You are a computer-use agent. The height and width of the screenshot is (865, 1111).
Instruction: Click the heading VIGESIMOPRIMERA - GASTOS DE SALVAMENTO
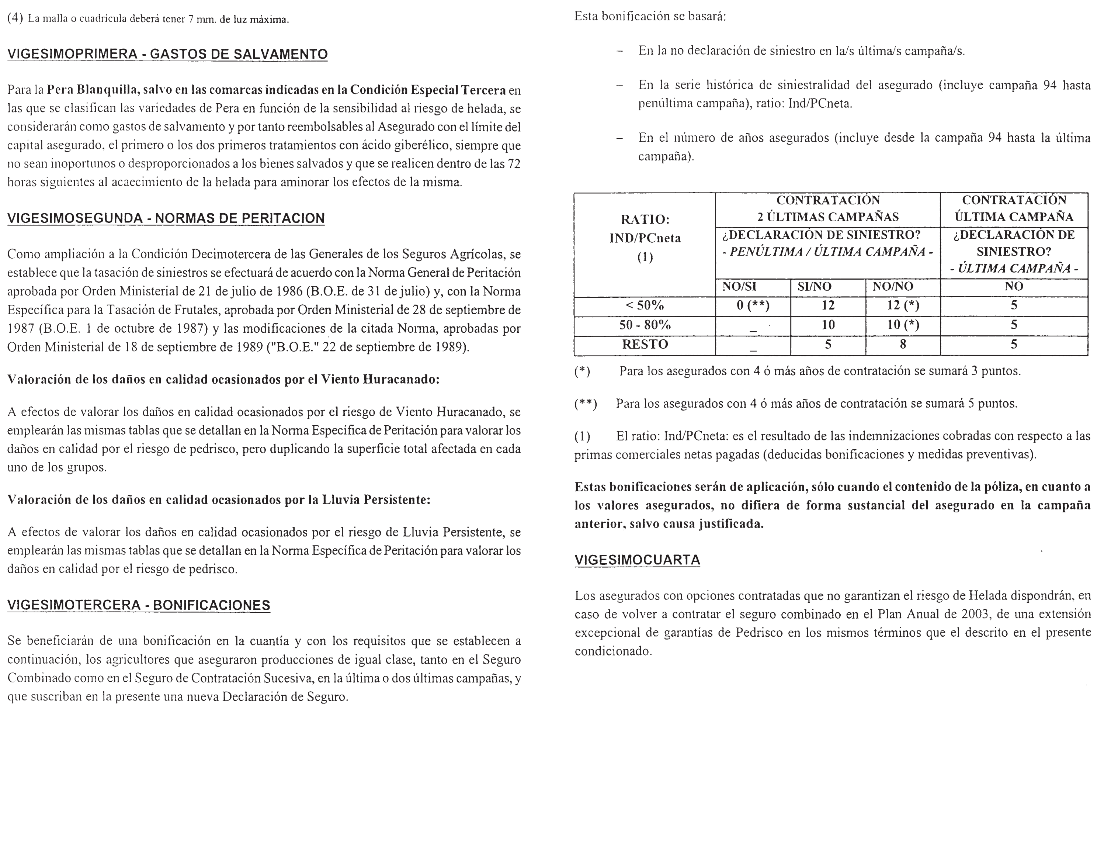(x=167, y=55)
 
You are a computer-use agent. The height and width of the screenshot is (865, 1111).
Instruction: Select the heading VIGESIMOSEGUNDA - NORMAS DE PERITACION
(x=166, y=218)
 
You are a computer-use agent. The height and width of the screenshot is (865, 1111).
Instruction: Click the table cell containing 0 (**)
(x=753, y=305)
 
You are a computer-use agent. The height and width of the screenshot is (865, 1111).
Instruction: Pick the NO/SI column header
(x=739, y=287)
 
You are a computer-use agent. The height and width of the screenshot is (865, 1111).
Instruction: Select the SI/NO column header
(x=815, y=287)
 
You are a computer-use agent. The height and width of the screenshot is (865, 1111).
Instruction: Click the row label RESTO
(x=645, y=345)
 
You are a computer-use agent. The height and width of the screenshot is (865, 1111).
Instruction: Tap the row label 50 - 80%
(x=645, y=325)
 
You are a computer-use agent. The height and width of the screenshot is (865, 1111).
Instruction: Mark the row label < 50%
(x=645, y=305)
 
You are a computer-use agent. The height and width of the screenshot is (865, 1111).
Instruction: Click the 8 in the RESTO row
(x=903, y=345)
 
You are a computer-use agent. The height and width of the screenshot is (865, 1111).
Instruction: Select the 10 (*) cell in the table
(x=903, y=325)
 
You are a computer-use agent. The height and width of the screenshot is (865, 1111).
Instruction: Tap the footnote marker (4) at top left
(x=15, y=19)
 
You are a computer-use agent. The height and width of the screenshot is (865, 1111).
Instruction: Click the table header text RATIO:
(x=645, y=219)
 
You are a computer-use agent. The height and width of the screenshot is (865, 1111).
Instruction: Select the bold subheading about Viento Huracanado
(x=223, y=380)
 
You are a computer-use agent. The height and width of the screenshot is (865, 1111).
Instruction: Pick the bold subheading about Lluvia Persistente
(x=219, y=500)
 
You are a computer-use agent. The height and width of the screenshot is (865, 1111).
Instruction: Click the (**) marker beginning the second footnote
(x=586, y=404)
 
